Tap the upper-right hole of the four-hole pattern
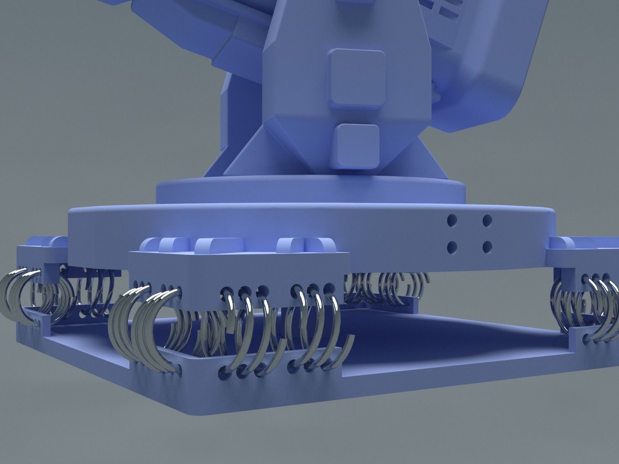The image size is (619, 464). (x=487, y=221)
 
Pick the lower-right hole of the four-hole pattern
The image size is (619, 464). (x=487, y=247)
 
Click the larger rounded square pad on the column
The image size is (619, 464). (x=357, y=78)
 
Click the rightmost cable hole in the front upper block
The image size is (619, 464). (x=328, y=288)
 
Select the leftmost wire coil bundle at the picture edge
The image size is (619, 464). (x=17, y=297)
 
